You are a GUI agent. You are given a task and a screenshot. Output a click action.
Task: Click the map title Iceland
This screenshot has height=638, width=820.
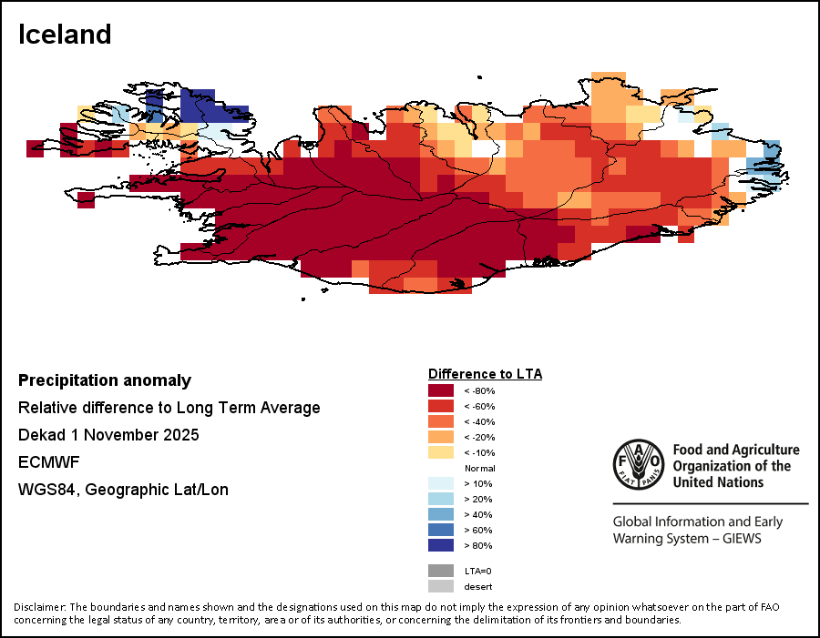[65, 35]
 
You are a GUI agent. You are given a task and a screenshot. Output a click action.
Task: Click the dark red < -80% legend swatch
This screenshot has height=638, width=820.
[441, 390]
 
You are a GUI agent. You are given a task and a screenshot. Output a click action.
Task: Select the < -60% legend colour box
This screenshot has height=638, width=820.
[441, 406]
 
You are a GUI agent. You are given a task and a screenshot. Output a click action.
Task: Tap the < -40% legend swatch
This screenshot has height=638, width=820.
[441, 421]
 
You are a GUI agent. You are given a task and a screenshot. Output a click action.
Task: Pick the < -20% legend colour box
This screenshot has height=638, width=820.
[441, 437]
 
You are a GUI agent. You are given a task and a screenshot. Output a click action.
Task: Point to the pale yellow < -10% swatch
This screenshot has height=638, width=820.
[441, 452]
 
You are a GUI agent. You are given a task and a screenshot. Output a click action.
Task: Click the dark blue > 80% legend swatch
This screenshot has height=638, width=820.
[441, 545]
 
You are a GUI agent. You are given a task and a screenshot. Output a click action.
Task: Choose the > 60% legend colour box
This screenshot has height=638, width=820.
[441, 530]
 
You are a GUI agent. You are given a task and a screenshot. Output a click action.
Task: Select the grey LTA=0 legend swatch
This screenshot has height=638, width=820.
[441, 571]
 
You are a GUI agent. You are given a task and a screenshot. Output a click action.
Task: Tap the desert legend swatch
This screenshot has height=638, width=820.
[441, 586]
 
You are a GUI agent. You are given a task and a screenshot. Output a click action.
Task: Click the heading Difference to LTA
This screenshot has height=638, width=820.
[485, 374]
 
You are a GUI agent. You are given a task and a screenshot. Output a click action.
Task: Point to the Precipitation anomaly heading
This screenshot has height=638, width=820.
[105, 380]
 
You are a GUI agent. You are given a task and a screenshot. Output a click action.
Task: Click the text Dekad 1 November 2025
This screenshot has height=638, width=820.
[108, 435]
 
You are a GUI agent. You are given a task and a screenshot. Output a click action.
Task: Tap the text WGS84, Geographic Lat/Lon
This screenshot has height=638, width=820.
[123, 490]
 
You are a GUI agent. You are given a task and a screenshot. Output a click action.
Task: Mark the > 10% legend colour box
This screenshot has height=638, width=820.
[441, 483]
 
